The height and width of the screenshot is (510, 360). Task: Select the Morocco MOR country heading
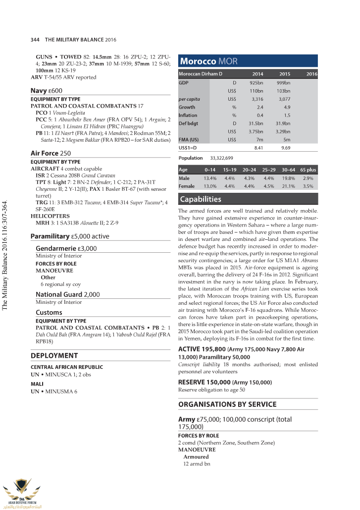[x=208, y=61]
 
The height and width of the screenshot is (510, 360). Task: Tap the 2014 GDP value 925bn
[x=256, y=82]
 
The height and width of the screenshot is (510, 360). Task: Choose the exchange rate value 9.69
[x=285, y=148]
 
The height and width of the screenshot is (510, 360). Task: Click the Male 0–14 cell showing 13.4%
[x=210, y=178]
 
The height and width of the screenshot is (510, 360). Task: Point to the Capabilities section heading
[x=200, y=199]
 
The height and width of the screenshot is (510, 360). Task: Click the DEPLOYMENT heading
[x=54, y=356]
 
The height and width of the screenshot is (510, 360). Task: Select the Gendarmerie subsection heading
[x=66, y=248]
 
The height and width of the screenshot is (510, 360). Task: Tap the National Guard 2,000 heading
[x=68, y=294]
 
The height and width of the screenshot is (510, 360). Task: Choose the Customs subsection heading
[x=49, y=313]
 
